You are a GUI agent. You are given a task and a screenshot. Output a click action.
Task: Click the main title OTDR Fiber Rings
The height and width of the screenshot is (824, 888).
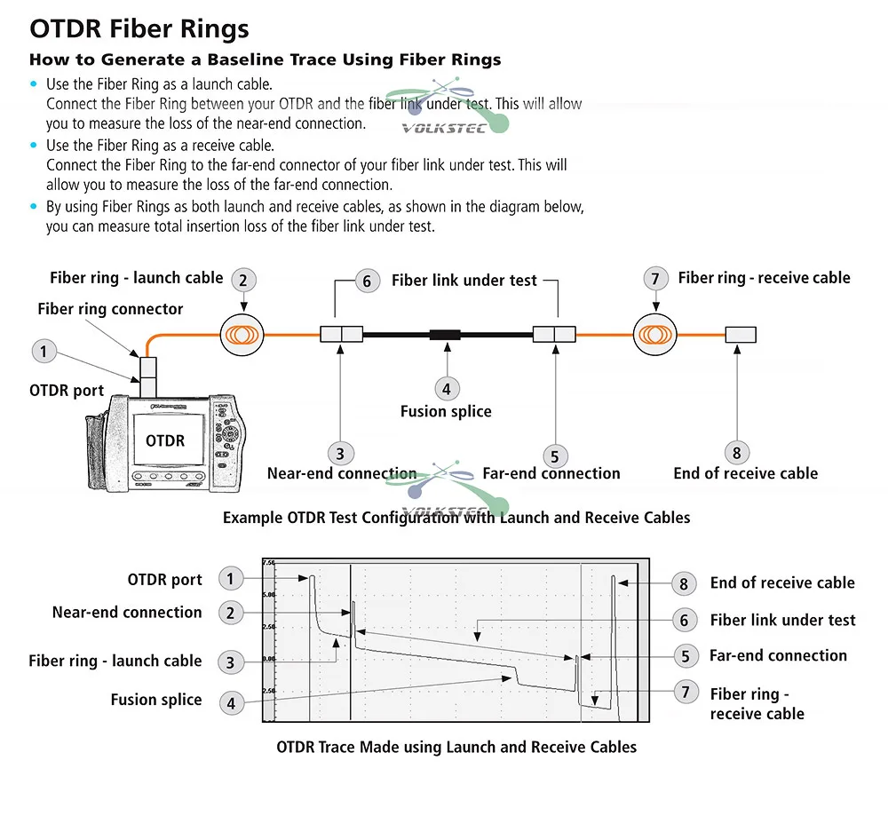point(139,28)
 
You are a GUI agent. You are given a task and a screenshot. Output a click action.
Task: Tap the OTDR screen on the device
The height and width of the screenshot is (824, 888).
point(166,440)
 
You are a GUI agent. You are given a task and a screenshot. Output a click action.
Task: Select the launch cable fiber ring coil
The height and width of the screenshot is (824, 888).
point(243,335)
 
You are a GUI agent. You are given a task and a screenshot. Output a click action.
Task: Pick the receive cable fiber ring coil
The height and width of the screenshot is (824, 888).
point(655,335)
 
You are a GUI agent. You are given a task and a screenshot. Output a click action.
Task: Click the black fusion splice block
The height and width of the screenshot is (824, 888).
point(446,335)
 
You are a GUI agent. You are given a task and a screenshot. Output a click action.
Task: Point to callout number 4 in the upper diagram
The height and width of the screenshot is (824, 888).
point(447,388)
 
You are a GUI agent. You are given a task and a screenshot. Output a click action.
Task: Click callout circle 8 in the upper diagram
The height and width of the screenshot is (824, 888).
point(737,452)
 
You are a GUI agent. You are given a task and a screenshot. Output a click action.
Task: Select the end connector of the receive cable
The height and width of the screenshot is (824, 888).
point(741,335)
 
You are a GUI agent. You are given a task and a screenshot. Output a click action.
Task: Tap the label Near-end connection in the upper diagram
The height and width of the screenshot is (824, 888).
point(342,473)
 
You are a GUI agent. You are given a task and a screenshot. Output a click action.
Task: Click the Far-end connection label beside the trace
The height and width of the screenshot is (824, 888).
point(778,655)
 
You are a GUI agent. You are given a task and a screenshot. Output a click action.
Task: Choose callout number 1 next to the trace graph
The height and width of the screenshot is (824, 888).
point(230,579)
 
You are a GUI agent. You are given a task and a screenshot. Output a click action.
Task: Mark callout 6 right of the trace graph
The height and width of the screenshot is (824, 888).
point(684,620)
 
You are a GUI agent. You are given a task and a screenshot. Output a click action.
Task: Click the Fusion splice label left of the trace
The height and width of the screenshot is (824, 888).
point(156,700)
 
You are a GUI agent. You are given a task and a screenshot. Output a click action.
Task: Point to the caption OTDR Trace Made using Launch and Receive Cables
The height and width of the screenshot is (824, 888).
point(456,747)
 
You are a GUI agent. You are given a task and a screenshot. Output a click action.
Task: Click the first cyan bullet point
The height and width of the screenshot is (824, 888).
point(35,84)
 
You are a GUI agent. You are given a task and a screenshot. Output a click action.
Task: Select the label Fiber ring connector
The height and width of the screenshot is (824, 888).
point(110,309)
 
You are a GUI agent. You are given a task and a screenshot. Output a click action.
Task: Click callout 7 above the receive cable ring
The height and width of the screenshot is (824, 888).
point(654,279)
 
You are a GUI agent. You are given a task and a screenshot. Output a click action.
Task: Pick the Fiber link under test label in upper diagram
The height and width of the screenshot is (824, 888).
point(464,281)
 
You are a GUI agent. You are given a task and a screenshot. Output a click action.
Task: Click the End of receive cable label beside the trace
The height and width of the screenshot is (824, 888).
point(782,582)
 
